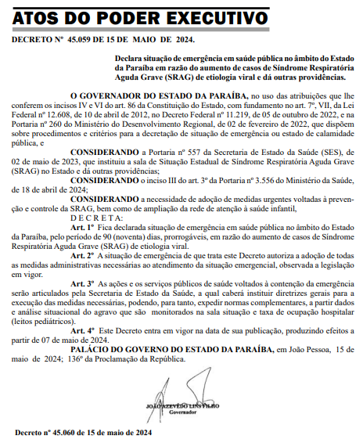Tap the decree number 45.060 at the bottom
(x=69, y=432)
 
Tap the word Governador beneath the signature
(x=183, y=413)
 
